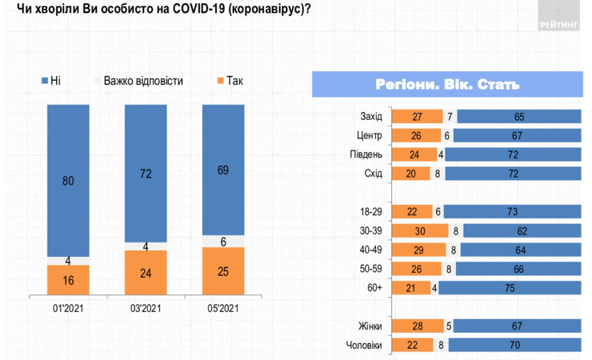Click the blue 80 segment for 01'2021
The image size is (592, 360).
68,181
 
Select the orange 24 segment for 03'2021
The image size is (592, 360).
145,272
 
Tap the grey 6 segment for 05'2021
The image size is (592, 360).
222,241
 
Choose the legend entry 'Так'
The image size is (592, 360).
230,81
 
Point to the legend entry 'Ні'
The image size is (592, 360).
50,81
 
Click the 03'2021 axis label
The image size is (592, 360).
145,308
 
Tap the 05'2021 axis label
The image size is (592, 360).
222,308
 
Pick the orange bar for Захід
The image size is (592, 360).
416,116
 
